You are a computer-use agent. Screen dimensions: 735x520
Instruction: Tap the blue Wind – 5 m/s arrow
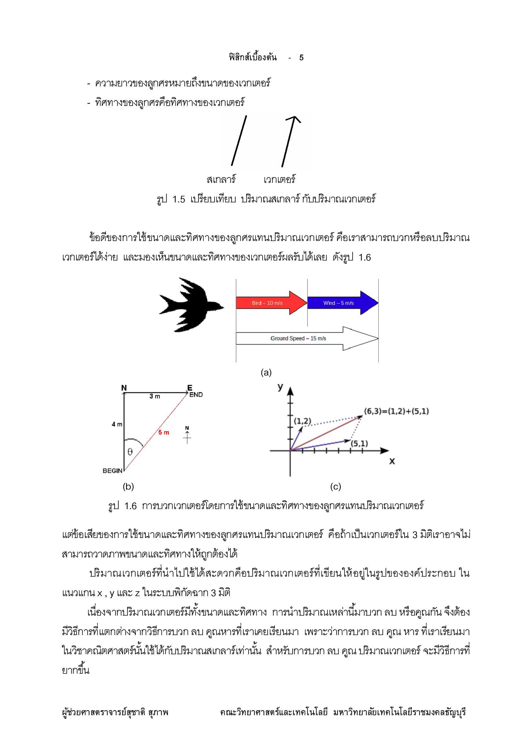coord(341,303)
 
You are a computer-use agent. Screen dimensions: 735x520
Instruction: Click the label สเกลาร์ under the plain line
coord(221,180)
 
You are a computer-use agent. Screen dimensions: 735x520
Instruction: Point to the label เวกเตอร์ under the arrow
coord(279,180)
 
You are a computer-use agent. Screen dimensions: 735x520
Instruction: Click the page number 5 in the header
coord(301,58)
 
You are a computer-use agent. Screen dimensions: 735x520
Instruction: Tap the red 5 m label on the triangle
coord(163,432)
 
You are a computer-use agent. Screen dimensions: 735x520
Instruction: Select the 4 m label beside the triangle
coord(117,424)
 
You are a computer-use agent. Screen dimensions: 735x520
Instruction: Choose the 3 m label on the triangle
coord(155,396)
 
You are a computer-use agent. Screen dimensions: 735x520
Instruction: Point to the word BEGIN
coord(112,471)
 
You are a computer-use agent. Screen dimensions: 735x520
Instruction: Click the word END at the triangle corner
coord(196,395)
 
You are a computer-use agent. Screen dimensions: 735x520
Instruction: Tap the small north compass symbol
coord(187,435)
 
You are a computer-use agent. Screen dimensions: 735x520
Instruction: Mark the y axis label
coord(280,387)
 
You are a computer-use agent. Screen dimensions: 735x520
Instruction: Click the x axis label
coord(392,461)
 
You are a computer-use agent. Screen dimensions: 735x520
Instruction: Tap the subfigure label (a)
coord(266,372)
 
